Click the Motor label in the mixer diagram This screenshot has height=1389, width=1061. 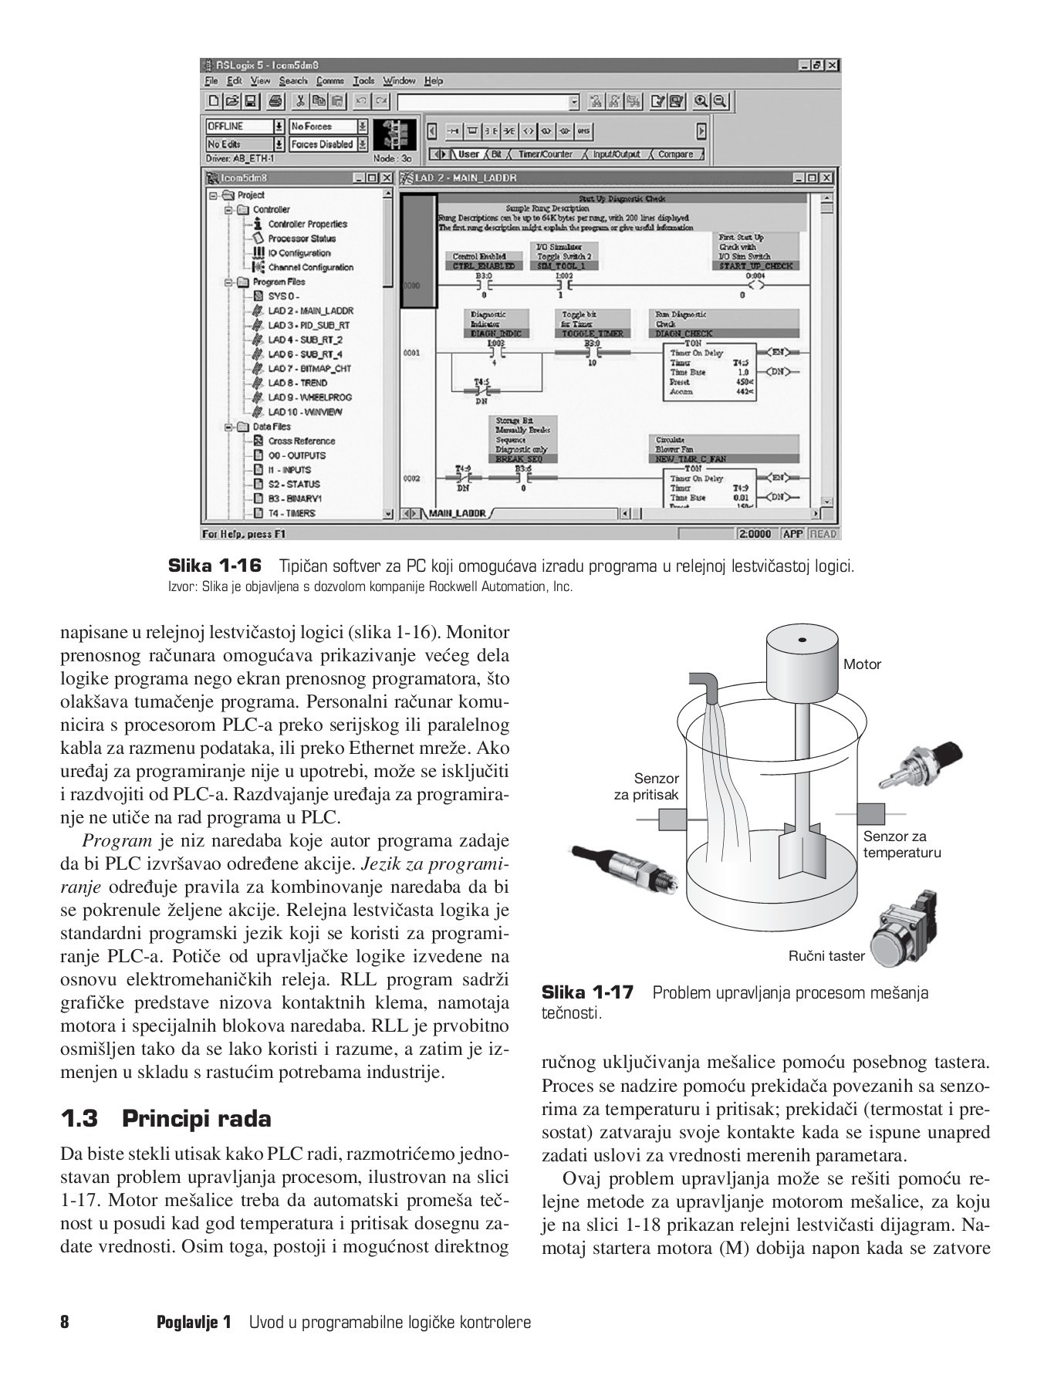(862, 664)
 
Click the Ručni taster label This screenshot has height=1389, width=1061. (826, 956)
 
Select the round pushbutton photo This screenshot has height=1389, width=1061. (902, 931)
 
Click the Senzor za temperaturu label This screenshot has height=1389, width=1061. (901, 844)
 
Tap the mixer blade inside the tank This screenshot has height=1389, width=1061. (803, 850)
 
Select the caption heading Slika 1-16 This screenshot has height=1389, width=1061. (215, 566)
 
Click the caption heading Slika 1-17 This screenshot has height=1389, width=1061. (587, 992)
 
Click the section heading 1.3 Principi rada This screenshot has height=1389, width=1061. (166, 1118)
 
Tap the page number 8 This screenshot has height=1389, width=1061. (65, 1322)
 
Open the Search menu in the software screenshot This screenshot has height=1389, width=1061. (292, 81)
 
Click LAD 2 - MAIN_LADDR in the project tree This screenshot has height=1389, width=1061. (310, 311)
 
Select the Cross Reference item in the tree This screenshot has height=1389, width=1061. (301, 441)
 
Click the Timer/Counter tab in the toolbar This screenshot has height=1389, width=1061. (545, 154)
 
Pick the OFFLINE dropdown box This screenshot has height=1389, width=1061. (245, 127)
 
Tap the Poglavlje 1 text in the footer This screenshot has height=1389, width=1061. (194, 1322)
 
